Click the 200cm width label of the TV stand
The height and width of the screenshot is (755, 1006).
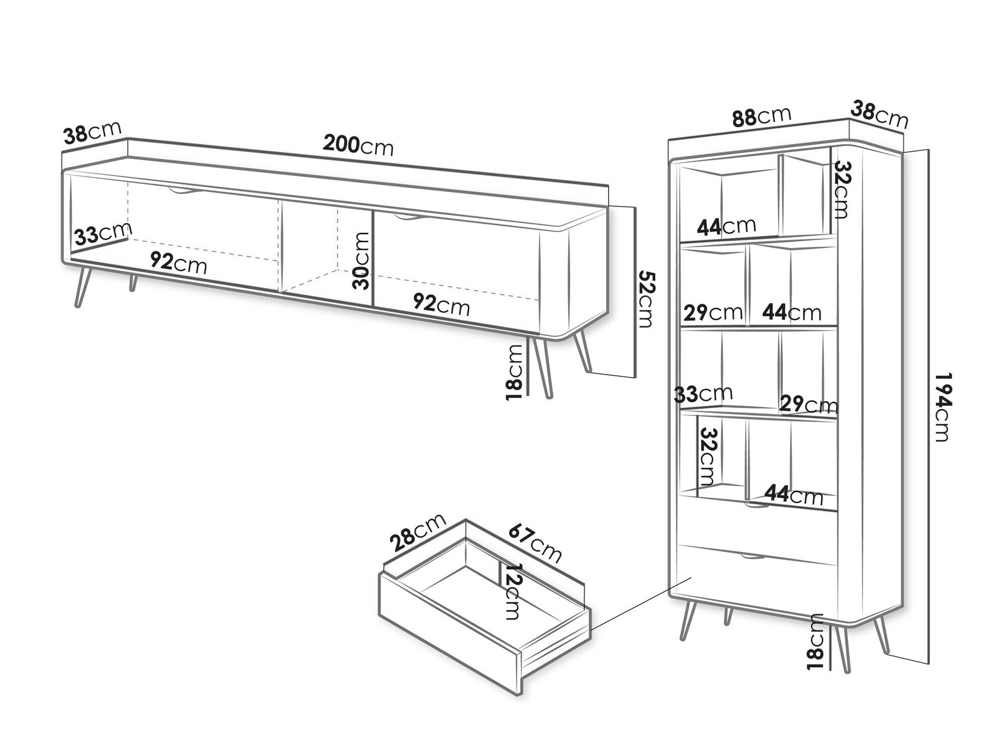tap(357, 146)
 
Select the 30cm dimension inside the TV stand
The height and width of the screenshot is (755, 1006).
tap(362, 260)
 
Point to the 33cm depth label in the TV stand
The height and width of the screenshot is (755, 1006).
tap(102, 234)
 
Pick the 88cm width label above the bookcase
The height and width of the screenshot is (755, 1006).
tap(761, 117)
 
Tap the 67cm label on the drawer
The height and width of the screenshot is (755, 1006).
tap(534, 543)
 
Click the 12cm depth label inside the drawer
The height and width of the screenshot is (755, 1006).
tap(513, 591)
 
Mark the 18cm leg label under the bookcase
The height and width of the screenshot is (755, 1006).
tap(815, 642)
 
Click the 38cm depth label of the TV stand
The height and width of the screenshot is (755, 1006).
tap(93, 133)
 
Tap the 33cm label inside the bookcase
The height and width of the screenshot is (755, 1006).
tap(703, 394)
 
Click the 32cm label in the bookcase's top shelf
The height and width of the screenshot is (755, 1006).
tap(842, 189)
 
